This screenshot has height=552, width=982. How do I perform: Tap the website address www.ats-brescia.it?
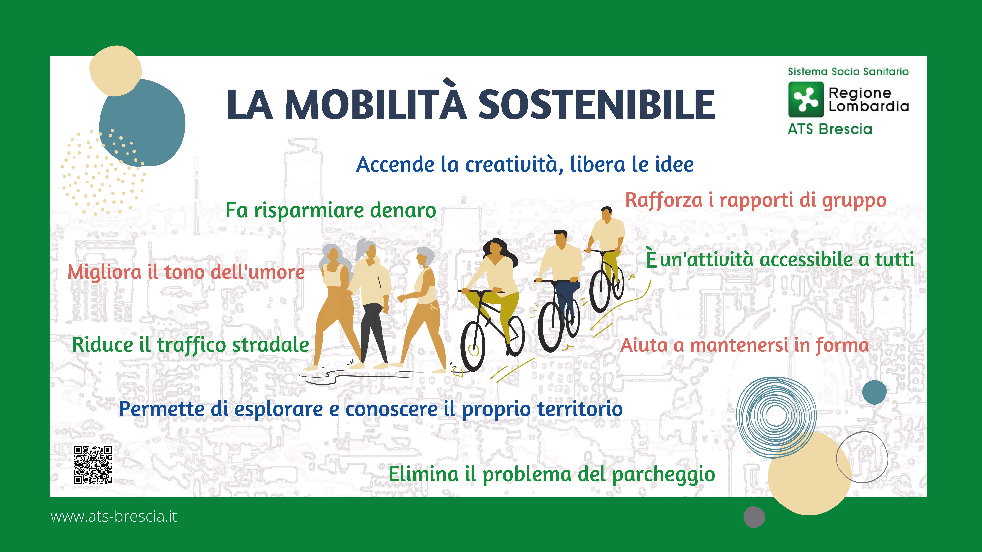(x=114, y=516)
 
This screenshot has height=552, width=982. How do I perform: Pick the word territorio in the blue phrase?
(x=580, y=409)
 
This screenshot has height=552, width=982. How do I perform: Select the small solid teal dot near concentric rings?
(x=874, y=392)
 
